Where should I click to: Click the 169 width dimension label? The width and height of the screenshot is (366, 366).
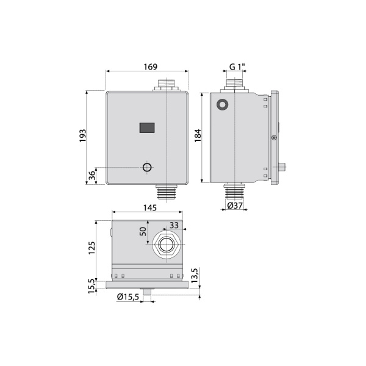click(150, 66)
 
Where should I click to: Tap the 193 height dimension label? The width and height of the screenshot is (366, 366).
click(82, 135)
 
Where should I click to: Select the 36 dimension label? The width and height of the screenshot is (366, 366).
click(92, 175)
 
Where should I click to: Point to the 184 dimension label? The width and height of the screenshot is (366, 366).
click(198, 135)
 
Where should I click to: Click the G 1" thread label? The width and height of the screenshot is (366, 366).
click(237, 66)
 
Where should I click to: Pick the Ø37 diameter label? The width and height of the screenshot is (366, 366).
click(235, 206)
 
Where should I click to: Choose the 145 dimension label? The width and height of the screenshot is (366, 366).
click(150, 207)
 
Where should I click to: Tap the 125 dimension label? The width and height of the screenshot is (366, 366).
click(92, 248)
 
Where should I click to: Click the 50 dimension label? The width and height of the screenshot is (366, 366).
click(143, 231)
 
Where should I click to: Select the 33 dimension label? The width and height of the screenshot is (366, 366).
click(174, 225)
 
